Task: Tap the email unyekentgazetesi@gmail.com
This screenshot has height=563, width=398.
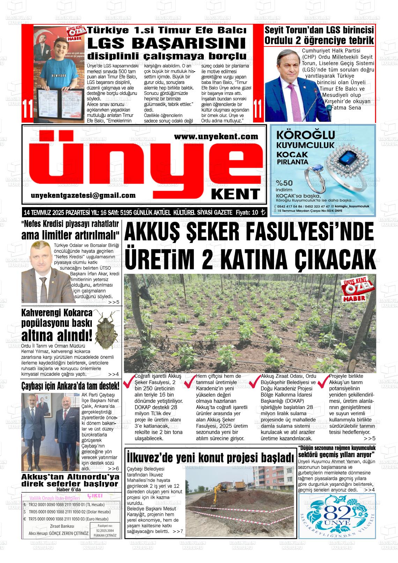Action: (83, 196)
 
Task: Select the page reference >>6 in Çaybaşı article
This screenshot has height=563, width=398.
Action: (113, 468)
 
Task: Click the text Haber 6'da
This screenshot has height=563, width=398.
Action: (70, 489)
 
